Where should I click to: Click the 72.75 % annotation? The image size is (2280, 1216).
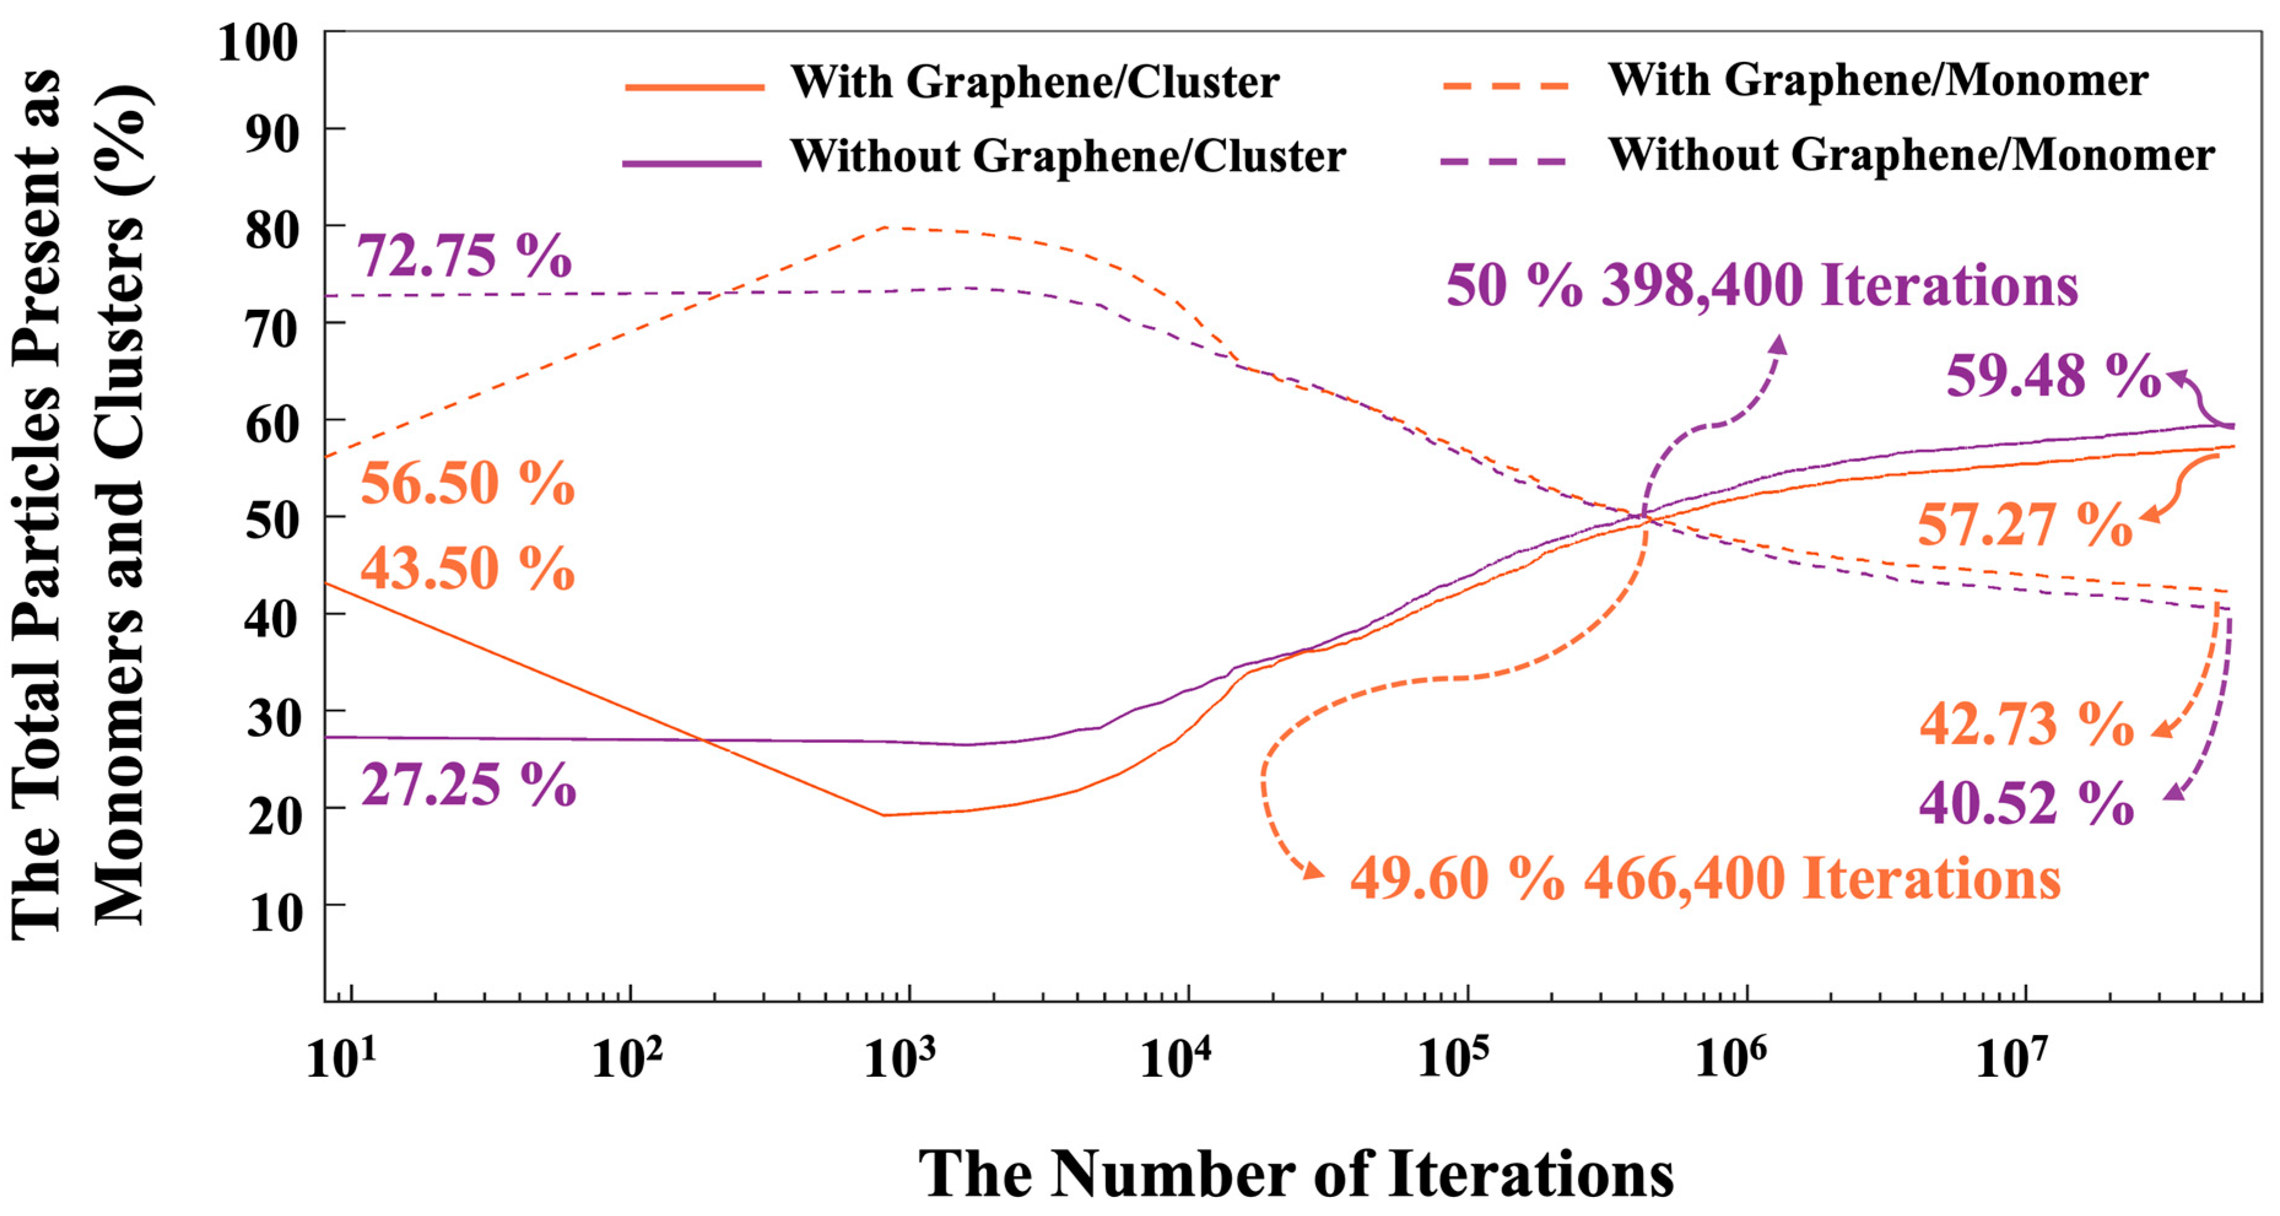[464, 256]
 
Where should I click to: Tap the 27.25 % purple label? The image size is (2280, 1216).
[468, 785]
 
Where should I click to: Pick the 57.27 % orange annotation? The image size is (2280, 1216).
[2024, 525]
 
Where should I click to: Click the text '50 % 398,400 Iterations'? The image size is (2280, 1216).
[1761, 286]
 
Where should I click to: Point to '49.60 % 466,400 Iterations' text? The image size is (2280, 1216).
[1705, 879]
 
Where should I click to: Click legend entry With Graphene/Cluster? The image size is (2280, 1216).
[1034, 82]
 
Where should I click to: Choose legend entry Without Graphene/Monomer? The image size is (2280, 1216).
[1911, 156]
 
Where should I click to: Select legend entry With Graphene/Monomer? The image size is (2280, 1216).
[1877, 80]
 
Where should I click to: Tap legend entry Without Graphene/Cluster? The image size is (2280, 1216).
[1067, 156]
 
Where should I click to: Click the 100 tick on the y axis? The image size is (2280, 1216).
[258, 42]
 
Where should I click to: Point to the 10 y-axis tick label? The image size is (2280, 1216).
[275, 912]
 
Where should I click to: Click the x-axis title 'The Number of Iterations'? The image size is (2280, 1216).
[1295, 1174]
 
